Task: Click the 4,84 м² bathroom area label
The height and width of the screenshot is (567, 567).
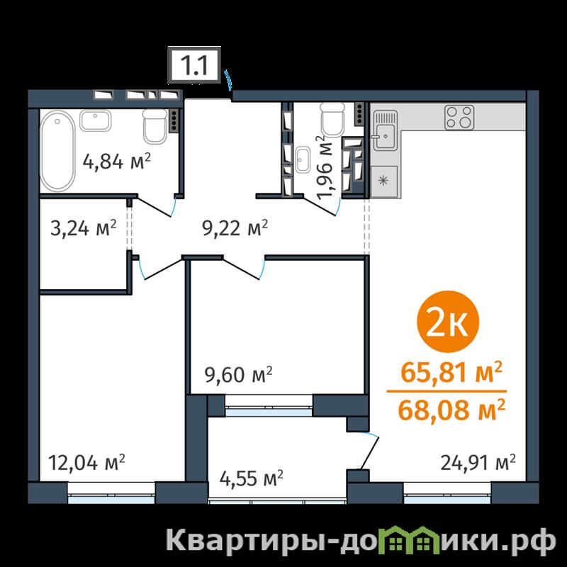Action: (x=116, y=162)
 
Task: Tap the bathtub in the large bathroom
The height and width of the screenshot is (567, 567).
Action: (x=57, y=150)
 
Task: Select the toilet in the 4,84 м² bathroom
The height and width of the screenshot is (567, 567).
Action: (x=155, y=126)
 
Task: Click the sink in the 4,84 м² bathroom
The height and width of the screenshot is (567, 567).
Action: (x=95, y=120)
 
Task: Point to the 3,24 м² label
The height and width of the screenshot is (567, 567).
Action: (x=84, y=228)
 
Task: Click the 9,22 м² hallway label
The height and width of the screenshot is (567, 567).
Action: (x=235, y=228)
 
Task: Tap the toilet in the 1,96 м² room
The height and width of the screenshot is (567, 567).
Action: (x=332, y=120)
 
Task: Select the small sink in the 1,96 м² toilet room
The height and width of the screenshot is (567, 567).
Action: (x=302, y=159)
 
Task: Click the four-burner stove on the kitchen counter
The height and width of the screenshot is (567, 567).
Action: (x=459, y=117)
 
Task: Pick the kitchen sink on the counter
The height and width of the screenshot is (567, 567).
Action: (x=386, y=130)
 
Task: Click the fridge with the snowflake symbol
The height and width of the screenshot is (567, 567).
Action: (x=384, y=181)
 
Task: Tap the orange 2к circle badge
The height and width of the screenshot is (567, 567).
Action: (x=448, y=322)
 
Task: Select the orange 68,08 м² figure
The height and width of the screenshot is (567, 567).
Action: (x=451, y=410)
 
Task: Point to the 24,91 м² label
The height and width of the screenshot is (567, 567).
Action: (x=478, y=463)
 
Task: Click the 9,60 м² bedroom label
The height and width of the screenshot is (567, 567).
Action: (x=238, y=374)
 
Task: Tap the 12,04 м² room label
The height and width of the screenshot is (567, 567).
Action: (x=86, y=463)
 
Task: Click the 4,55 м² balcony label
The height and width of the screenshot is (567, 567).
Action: (x=252, y=478)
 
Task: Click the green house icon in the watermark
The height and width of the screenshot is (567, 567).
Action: (x=409, y=540)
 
